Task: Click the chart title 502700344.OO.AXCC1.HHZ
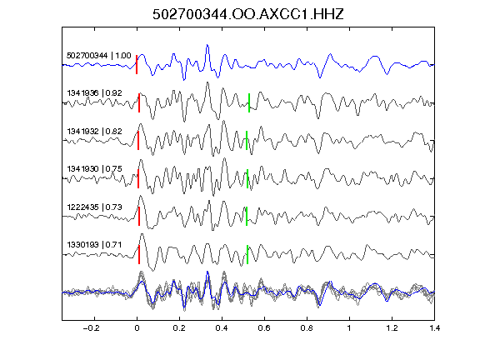(248, 14)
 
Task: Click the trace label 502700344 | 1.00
(99, 55)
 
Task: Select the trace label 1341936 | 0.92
(95, 92)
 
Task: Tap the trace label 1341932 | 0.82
(95, 132)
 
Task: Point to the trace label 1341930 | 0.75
(95, 168)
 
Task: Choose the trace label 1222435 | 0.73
(95, 207)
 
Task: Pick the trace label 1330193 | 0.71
(94, 245)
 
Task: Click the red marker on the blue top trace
(137, 64)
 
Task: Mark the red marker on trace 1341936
(139, 102)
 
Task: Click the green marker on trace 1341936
(249, 102)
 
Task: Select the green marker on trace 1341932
(247, 141)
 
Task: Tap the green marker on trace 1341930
(247, 178)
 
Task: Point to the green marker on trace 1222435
(247, 216)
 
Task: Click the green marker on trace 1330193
(247, 254)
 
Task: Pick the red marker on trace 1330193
(139, 254)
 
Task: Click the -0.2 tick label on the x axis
(92, 328)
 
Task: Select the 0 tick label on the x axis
(137, 328)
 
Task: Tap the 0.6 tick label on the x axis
(264, 328)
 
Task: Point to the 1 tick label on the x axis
(349, 328)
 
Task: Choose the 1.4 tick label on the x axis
(434, 328)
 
